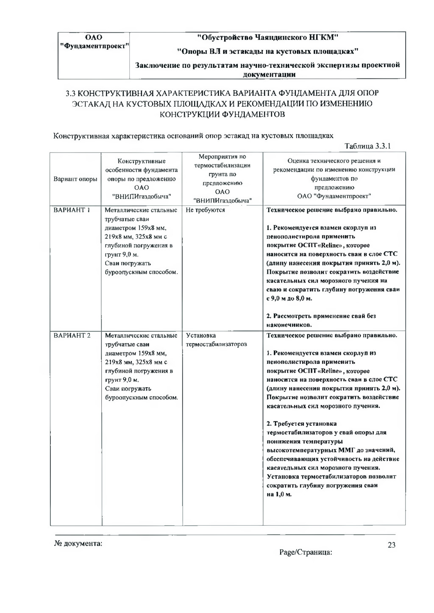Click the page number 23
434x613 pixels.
[x=391, y=545]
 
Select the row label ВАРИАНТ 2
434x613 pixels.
[x=72, y=336]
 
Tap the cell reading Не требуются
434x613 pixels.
[x=206, y=210]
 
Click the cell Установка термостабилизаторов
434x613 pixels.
[x=216, y=340]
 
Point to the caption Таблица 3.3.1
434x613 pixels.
[x=367, y=146]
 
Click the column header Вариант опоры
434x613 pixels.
[x=75, y=179]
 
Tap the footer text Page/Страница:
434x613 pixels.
[x=305, y=552]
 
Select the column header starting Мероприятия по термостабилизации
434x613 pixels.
[x=222, y=178]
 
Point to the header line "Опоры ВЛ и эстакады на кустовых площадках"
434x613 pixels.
[x=267, y=52]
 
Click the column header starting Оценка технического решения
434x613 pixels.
[x=334, y=178]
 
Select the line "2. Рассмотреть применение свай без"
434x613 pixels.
[x=321, y=316]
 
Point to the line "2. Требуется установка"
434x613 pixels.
[x=301, y=424]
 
